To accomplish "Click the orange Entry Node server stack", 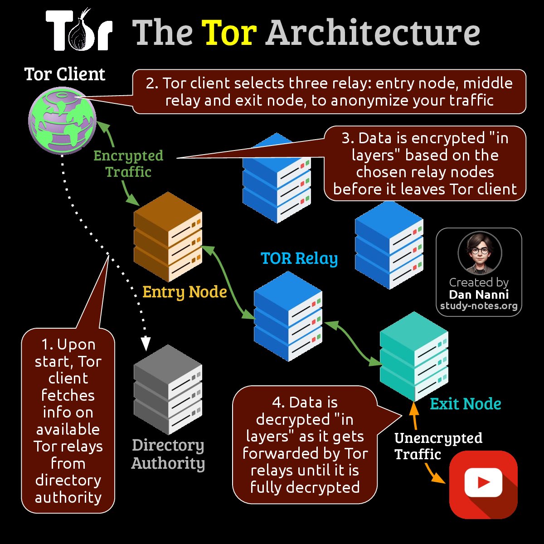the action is pyautogui.click(x=168, y=236).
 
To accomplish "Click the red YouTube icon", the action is pyautogui.click(x=483, y=484).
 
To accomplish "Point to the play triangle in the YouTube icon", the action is pyautogui.click(x=484, y=482).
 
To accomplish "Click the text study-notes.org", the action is pyautogui.click(x=479, y=306).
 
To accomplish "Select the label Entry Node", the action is pyautogui.click(x=185, y=292).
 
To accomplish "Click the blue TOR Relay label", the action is pyautogui.click(x=299, y=258).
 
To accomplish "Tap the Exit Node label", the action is pyautogui.click(x=465, y=404).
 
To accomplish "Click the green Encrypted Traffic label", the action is pyautogui.click(x=128, y=164).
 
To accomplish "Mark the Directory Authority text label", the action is pyautogui.click(x=168, y=454).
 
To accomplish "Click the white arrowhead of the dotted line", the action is pyautogui.click(x=146, y=345).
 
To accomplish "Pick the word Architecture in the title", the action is pyautogui.click(x=373, y=33).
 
